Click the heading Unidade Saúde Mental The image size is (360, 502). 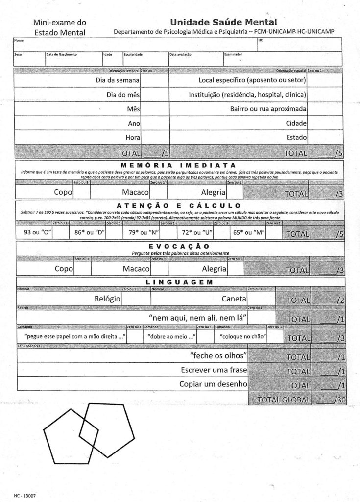click(x=223, y=22)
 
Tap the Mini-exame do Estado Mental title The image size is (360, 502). click(x=59, y=27)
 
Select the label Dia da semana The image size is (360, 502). click(x=118, y=80)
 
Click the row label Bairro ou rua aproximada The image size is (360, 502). click(x=268, y=108)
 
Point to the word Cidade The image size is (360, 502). click(x=296, y=123)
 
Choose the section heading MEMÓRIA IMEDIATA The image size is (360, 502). click(x=178, y=165)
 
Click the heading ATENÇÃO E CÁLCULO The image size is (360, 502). click(x=179, y=205)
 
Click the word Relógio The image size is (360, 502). click(x=107, y=298)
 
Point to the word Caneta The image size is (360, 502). click(x=234, y=298)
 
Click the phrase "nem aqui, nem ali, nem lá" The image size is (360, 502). click(x=197, y=318)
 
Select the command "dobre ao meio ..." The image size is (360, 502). click(x=169, y=337)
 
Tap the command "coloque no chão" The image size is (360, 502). click(x=243, y=337)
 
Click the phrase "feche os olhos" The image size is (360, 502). click(x=218, y=355)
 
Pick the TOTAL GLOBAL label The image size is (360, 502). click(x=284, y=400)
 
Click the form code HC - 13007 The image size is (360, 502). click(x=24, y=496)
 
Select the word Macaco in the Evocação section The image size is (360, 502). click(x=136, y=269)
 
